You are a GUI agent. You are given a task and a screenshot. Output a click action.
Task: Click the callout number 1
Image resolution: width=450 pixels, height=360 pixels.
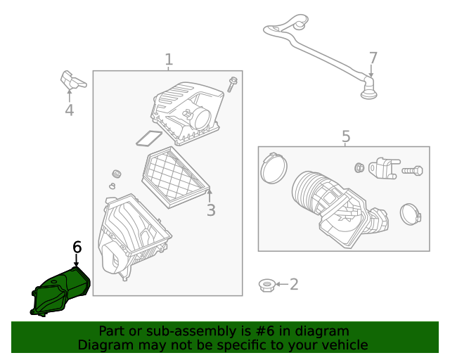pos(169,60)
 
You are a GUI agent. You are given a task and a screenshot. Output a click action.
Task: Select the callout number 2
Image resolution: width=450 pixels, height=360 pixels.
pos(294,284)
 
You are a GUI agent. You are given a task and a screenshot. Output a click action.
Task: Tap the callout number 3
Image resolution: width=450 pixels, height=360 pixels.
pos(211,210)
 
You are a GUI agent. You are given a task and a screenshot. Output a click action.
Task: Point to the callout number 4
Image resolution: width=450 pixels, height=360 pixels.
pos(69,110)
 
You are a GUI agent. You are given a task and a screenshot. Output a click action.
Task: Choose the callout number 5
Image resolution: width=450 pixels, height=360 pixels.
pos(346,136)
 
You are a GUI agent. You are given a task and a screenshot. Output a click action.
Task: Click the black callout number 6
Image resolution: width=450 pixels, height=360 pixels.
pos(77,247)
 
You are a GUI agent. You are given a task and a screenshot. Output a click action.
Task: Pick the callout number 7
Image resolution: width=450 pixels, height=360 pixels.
pos(373,58)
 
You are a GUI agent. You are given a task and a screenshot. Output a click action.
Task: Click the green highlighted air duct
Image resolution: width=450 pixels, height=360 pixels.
pos(60,291)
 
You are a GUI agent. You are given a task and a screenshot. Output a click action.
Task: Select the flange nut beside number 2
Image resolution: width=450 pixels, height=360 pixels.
pos(267,285)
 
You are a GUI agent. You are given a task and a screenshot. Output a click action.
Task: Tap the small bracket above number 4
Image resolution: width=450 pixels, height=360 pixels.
pos(72,79)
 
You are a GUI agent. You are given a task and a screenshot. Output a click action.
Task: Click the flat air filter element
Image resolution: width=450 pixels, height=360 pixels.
pos(175,177)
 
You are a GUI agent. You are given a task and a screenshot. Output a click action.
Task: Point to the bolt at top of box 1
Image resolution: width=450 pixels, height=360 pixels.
pos(232,84)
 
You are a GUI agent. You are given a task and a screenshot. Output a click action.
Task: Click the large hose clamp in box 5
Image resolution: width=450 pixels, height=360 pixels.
pos(274,168)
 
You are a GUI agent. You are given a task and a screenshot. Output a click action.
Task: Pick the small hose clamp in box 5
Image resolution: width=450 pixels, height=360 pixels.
pos(411,214)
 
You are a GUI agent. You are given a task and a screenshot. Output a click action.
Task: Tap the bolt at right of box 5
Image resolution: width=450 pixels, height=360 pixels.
pos(412,171)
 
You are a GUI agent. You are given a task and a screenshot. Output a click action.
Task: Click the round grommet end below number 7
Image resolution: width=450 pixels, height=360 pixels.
pos(368,94)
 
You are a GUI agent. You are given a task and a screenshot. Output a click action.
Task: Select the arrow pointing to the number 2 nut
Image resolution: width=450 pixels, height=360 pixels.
pos(282,284)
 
